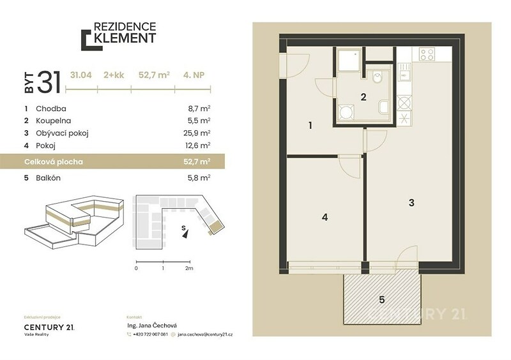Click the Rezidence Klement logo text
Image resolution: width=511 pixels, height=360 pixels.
tap(125, 33)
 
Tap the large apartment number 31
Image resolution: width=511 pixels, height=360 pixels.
tap(49, 82)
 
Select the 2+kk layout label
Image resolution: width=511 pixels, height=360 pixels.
tap(114, 75)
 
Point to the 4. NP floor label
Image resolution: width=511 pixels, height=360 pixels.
tap(194, 75)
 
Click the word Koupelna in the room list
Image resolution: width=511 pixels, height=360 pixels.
tap(53, 121)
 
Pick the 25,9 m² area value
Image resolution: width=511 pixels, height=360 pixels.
tap(197, 133)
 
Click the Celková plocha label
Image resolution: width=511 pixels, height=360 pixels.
tap(54, 161)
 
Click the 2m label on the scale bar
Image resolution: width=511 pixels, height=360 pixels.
tap(189, 268)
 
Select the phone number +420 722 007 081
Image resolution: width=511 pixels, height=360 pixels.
tap(150, 334)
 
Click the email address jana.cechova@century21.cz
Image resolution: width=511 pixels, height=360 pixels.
tap(205, 334)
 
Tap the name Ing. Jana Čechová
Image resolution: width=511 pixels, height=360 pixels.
tap(152, 325)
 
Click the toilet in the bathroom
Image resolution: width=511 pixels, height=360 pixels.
tap(378, 77)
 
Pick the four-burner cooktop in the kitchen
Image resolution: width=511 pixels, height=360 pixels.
tap(427, 54)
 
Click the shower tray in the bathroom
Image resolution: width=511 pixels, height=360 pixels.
tap(349, 60)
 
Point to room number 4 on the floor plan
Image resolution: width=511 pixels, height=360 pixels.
tap(324, 217)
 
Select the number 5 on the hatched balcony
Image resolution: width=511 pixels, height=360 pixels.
tap(382, 299)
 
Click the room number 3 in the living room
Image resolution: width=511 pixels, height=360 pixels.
tap(411, 202)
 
